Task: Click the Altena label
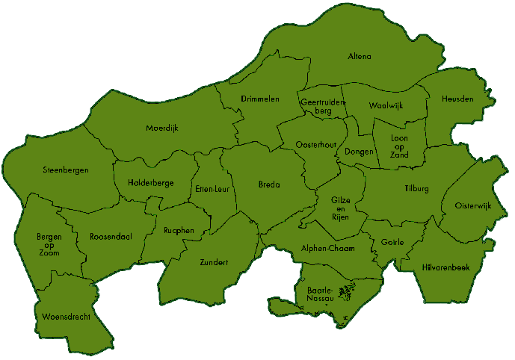click(360, 57)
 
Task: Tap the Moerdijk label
click(162, 128)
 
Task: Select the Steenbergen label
click(66, 170)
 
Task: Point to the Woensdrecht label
click(67, 317)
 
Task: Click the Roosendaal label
click(111, 237)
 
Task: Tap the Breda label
click(269, 184)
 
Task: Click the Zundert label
click(214, 262)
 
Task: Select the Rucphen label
click(179, 231)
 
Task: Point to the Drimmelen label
click(260, 99)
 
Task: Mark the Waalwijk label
click(386, 106)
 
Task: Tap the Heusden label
click(457, 99)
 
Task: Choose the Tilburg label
click(416, 189)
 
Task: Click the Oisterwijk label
click(473, 206)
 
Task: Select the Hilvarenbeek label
click(445, 267)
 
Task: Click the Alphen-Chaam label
click(327, 249)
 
